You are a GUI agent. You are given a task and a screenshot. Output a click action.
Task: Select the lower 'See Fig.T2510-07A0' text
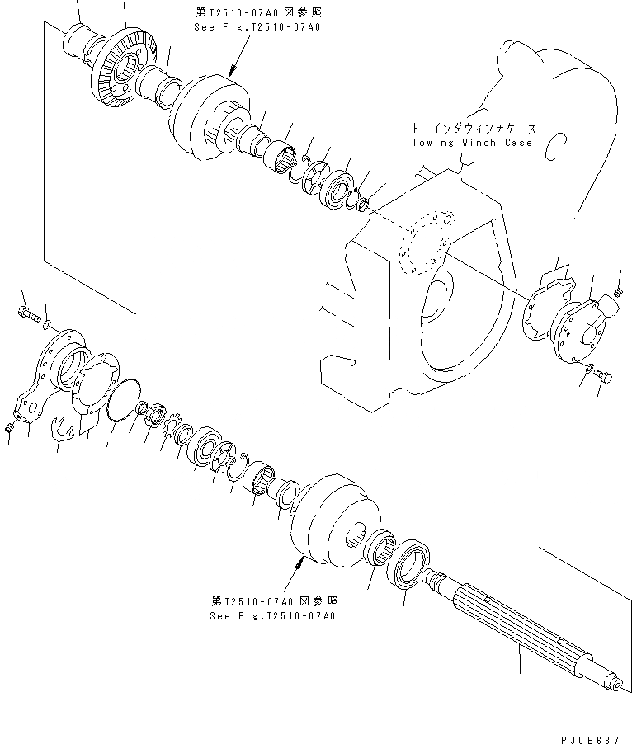[x=273, y=615]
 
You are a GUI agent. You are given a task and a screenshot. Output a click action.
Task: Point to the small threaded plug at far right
[x=616, y=292]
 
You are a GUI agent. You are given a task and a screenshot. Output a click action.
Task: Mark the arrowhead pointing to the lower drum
[x=300, y=559]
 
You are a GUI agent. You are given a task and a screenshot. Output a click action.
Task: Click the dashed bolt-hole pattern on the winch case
[x=426, y=239]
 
